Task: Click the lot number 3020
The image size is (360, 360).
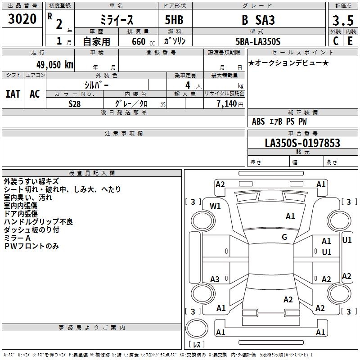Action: click(22, 20)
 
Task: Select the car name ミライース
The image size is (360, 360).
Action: click(116, 20)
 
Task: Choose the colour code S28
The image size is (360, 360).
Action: click(74, 103)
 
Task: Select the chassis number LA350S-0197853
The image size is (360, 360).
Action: click(302, 143)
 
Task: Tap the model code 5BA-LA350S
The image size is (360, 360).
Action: click(258, 41)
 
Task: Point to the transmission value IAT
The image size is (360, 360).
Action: click(13, 94)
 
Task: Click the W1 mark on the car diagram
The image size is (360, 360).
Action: click(216, 206)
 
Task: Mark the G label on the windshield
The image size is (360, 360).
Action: click(284, 237)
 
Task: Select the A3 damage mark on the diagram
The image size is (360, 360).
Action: click(215, 279)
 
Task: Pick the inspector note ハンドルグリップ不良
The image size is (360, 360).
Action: click(38, 222)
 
